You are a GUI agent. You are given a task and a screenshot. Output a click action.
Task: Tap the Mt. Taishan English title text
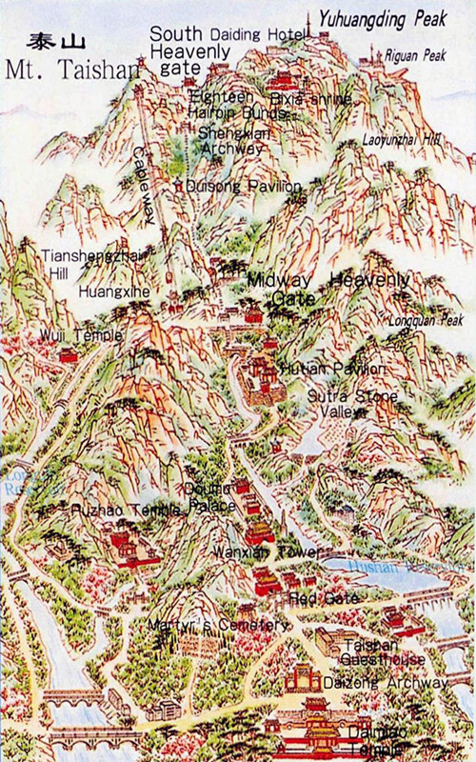[x=71, y=69]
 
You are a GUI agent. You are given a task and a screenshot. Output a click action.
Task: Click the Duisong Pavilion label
[x=234, y=186]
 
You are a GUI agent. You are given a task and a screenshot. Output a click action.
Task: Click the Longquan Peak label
[x=425, y=320]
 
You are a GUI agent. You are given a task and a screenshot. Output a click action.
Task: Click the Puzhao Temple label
[x=125, y=511]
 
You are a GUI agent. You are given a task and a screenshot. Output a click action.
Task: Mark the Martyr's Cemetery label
[x=217, y=625]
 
